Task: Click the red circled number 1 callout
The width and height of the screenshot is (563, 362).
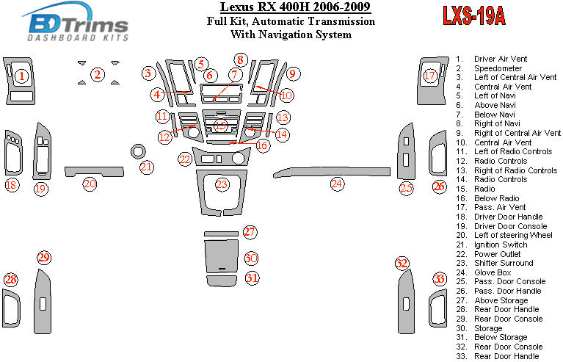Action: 22,76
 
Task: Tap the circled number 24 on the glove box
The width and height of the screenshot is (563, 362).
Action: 336,184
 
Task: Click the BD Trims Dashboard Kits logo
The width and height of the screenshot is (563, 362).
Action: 77,23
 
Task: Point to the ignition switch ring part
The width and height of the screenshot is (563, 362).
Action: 137,152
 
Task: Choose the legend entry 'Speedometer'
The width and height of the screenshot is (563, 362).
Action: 498,68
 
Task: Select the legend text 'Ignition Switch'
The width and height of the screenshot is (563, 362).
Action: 500,245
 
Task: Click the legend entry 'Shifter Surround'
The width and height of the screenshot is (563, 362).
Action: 504,263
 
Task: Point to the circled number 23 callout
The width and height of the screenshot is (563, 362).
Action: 222,184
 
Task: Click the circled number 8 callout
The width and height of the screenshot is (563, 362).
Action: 240,59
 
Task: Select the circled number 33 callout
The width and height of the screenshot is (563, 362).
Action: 439,279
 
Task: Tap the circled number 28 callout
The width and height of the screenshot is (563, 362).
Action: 10,279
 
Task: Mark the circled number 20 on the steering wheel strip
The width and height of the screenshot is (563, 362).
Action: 90,184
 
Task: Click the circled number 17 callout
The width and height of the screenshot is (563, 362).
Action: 430,76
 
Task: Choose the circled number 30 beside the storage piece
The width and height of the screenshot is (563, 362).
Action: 251,258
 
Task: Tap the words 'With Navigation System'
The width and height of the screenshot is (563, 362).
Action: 291,34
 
